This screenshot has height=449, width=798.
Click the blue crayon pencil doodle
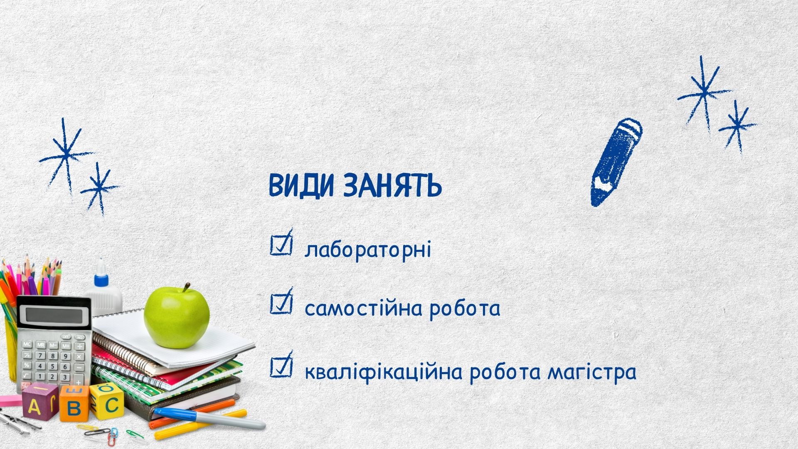tap(616, 162)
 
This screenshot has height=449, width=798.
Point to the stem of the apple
tap(186, 287)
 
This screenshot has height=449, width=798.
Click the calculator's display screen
tap(54, 315)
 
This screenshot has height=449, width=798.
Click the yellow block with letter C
tap(107, 401)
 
